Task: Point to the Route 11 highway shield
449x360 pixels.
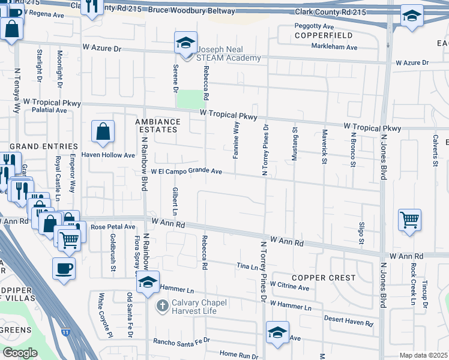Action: click(64, 331)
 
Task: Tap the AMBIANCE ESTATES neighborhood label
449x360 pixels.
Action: click(157, 125)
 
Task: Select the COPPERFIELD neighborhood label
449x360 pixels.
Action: click(318, 36)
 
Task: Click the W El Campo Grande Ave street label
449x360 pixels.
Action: click(187, 172)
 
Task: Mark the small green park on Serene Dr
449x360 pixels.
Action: click(190, 99)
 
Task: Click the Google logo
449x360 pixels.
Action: click(20, 353)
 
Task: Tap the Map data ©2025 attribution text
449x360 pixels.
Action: click(423, 355)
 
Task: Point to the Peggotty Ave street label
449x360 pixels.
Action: click(313, 26)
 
